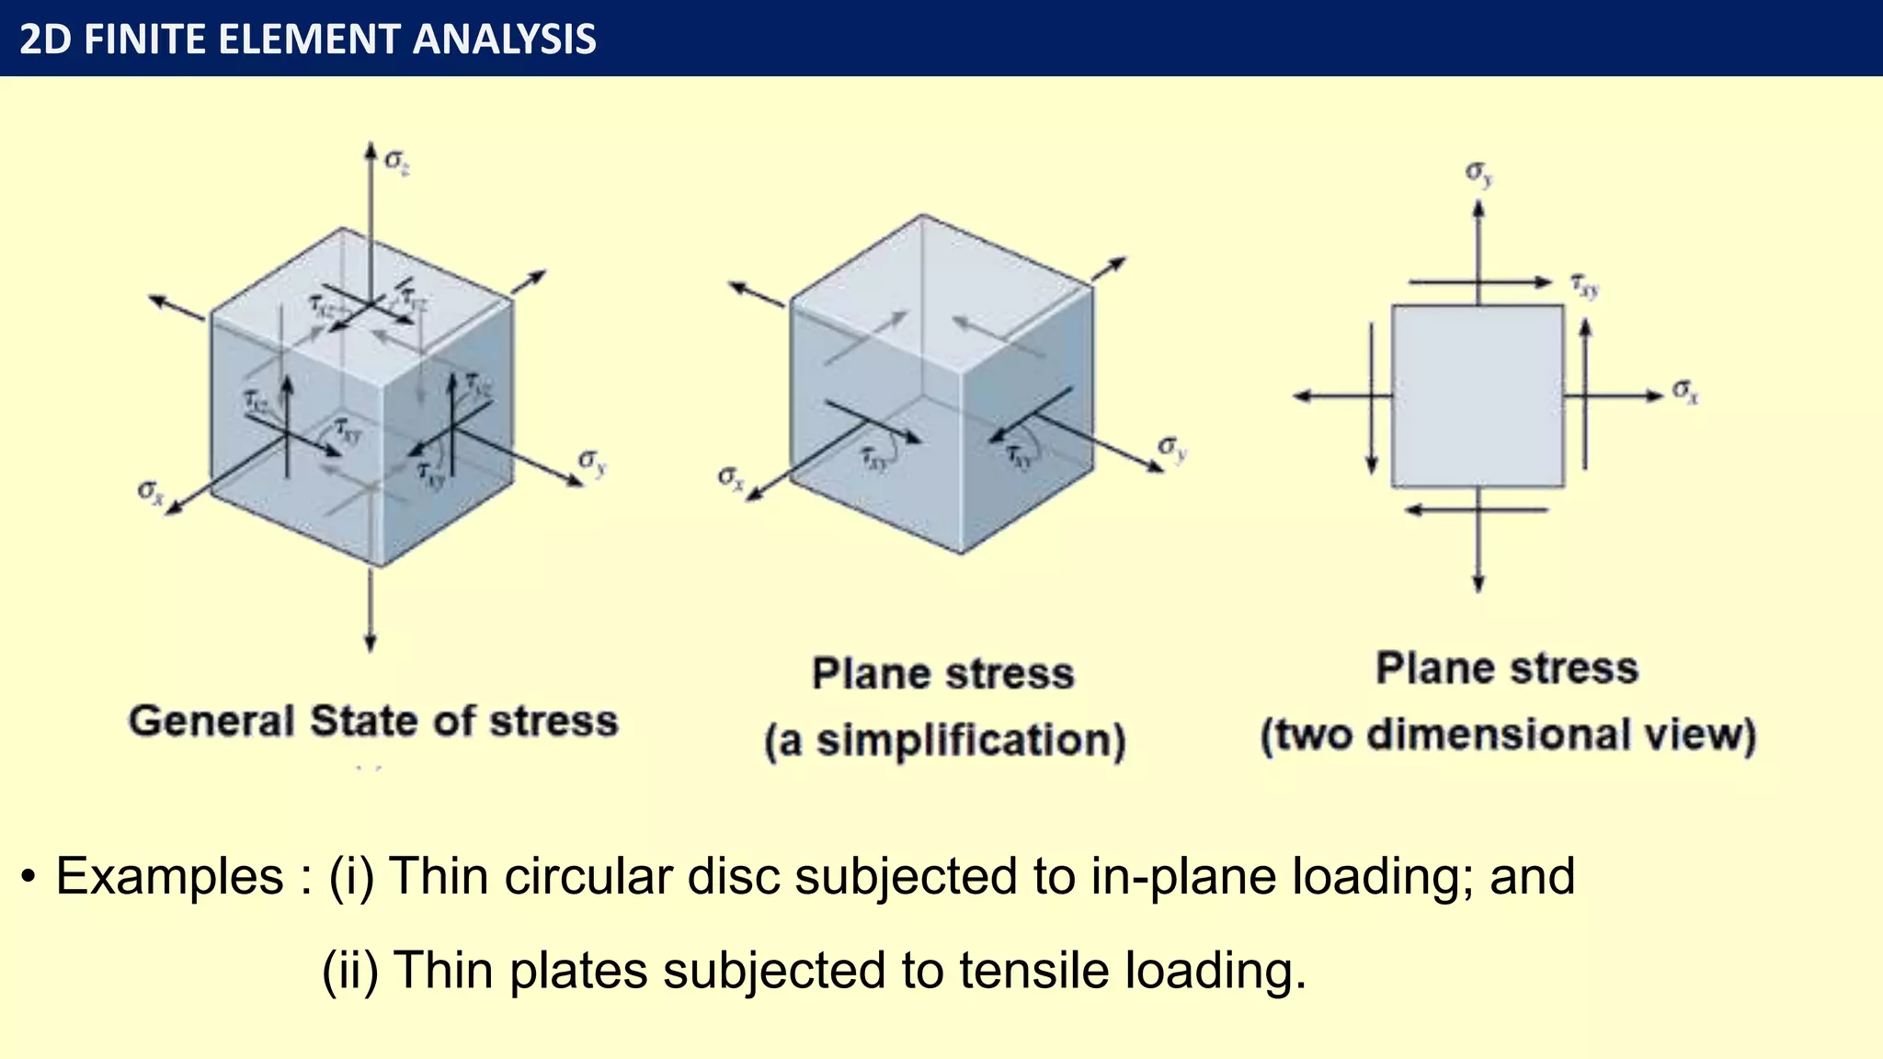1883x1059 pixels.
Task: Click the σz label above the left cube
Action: [396, 162]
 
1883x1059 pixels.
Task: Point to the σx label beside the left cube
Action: [150, 492]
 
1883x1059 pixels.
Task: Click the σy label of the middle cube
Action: [1172, 448]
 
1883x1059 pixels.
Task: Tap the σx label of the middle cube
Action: [731, 478]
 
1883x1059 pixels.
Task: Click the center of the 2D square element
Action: [1478, 396]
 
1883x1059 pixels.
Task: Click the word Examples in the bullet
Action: [169, 876]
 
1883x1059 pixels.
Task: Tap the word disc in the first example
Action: [735, 876]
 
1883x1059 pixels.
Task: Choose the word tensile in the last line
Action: [1034, 971]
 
